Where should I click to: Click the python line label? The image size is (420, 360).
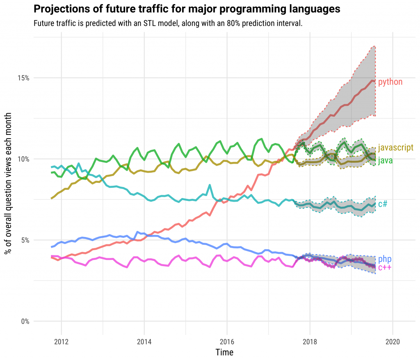390,82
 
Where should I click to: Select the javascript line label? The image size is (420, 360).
395,148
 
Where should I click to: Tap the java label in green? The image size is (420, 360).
385,161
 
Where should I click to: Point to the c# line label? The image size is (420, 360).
383,204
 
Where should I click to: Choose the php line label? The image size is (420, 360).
385,259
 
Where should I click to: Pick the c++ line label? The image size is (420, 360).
385,268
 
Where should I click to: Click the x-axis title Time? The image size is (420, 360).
224,352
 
